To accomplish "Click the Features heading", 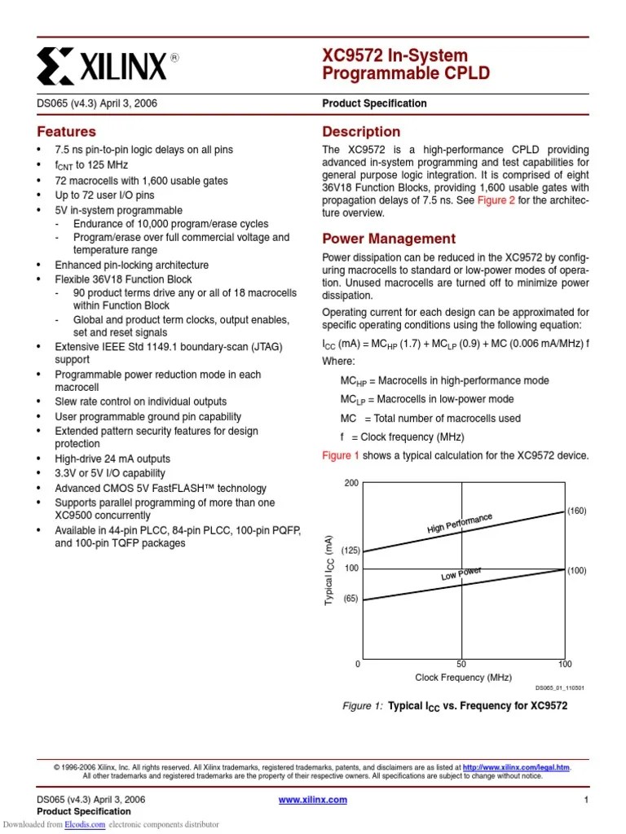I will pos(67,132).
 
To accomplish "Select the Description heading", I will pos(361,132).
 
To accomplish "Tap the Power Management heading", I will pos(389,239).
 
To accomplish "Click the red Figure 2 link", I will pos(496,200).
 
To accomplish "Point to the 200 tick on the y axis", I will pos(351,484).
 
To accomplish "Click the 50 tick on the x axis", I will pos(461,665).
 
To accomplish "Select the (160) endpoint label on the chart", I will pos(577,511).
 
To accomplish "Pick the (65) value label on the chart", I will pos(350,599).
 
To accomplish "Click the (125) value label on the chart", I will pos(350,551).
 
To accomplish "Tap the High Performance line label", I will pos(460,525).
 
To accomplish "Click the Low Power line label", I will pos(461,574).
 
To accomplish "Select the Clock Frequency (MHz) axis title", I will pos(463,678).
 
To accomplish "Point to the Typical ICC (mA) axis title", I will pos(329,570).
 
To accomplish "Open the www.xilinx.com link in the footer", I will pos(312,800).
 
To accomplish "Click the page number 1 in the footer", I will pos(586,800).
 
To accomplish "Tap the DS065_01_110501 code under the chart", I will pos(559,688).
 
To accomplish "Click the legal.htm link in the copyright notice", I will pos(517,767).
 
